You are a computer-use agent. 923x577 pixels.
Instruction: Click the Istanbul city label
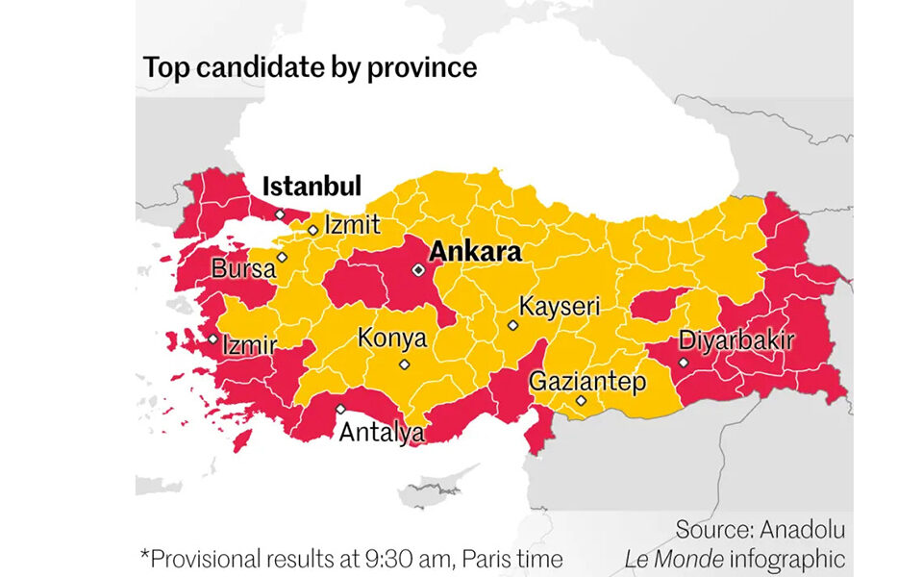coord(312,186)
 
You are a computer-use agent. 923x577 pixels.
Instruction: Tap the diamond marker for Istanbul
coord(280,214)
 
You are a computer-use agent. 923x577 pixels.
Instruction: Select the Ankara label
coord(475,253)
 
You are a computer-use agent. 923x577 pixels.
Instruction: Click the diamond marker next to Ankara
coord(418,270)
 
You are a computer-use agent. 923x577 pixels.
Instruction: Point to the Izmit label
coord(352,225)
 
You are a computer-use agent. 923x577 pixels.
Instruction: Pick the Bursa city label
coord(242,269)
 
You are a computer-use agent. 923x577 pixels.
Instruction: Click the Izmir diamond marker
coord(213,339)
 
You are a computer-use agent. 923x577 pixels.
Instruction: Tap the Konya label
coord(391,338)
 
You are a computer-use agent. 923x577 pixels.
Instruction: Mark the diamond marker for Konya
coord(404,364)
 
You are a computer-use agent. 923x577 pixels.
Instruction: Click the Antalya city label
coord(381,433)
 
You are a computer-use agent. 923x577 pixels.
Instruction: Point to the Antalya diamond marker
coord(340,409)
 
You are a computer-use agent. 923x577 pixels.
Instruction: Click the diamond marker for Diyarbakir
coord(683,363)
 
